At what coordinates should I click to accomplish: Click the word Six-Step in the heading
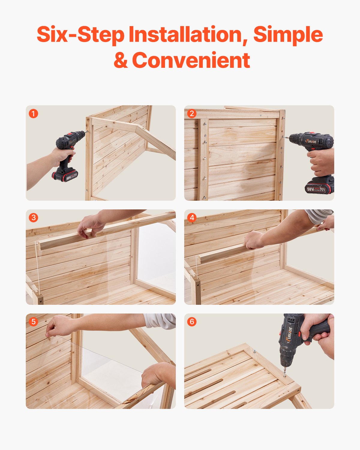[80, 34]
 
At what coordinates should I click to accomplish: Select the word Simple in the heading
[288, 34]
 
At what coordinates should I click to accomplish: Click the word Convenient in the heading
[191, 60]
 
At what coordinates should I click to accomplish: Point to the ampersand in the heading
[121, 60]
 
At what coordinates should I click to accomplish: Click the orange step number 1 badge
[33, 114]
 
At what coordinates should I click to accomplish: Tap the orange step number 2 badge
[192, 114]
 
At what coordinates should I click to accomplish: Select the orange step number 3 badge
[33, 218]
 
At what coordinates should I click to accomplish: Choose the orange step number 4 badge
[192, 218]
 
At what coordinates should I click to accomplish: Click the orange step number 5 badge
[33, 322]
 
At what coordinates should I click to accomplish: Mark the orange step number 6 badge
[192, 322]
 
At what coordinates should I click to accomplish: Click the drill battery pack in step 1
[66, 175]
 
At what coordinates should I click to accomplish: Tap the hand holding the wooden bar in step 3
[90, 226]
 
